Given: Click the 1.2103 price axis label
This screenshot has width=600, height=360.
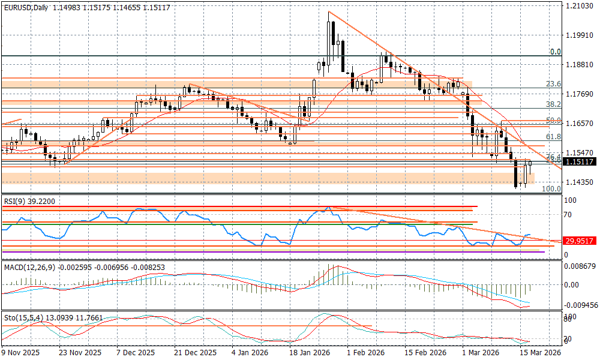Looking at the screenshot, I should click(x=579, y=6).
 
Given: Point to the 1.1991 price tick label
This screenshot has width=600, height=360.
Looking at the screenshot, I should click(x=579, y=35).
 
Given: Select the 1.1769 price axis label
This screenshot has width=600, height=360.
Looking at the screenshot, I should click(x=579, y=94).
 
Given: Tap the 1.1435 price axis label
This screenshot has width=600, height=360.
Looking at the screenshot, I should click(x=579, y=182).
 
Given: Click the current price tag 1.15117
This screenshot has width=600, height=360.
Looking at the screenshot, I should click(x=579, y=162).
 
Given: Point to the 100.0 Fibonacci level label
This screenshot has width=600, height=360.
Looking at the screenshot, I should click(x=551, y=188).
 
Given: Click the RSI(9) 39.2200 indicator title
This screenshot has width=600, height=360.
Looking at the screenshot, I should click(x=29, y=202).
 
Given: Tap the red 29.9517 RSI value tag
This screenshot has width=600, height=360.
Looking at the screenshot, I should click(x=579, y=241).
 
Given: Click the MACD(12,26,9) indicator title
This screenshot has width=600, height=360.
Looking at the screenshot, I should click(x=30, y=266).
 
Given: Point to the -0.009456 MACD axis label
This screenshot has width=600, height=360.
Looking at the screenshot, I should click(x=581, y=305).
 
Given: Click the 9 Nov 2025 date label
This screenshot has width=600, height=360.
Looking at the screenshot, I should click(x=20, y=353).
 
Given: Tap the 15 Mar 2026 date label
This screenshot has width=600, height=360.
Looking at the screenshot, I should click(x=540, y=353).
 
